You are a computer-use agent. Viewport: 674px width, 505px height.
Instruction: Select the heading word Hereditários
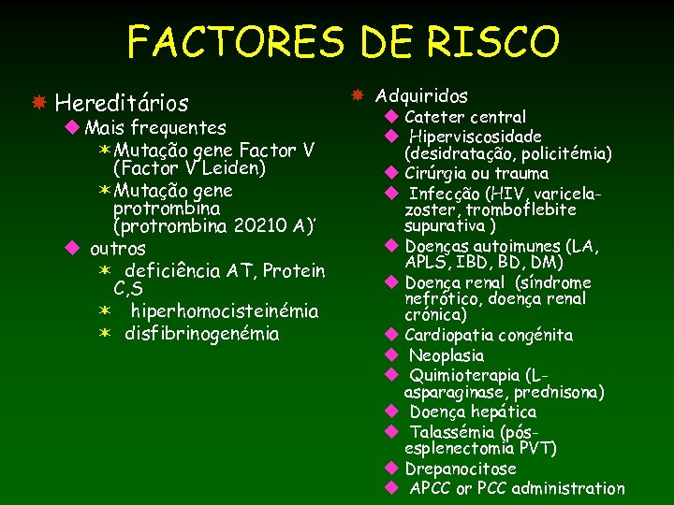(122, 102)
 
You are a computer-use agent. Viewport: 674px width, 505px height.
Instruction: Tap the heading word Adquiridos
(421, 95)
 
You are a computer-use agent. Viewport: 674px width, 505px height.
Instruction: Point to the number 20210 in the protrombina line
(267, 227)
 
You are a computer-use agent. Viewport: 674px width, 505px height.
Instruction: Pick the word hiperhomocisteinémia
(224, 310)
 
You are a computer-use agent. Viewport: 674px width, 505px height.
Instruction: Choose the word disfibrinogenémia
(201, 333)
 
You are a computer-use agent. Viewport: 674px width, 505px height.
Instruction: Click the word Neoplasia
(447, 355)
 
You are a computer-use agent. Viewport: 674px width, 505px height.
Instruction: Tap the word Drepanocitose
(460, 469)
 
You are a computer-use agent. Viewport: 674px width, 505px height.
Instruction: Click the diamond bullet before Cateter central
(392, 117)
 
